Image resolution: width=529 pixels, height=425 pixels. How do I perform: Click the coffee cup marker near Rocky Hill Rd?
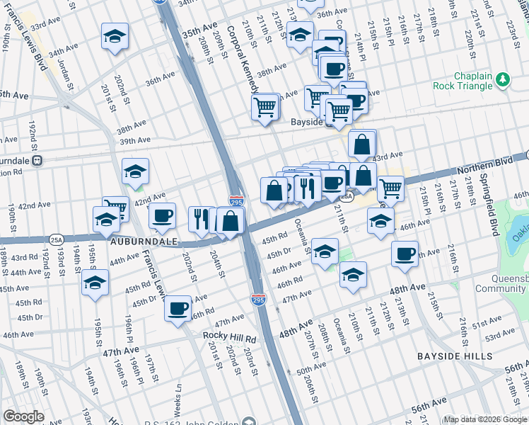pos(178,308)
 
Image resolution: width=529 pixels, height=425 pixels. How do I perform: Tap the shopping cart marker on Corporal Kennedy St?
pos(264,108)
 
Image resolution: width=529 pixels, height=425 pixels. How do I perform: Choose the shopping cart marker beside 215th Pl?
pos(390,188)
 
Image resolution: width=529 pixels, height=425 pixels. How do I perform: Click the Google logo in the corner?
pos(23,416)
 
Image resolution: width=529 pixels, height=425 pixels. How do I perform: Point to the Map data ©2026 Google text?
pos(484,419)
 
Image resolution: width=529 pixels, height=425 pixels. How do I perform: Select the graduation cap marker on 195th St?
pos(95,283)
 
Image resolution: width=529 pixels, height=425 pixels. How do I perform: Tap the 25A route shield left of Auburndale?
pos(57,240)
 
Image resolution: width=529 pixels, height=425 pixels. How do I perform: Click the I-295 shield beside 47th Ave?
pos(260,300)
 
